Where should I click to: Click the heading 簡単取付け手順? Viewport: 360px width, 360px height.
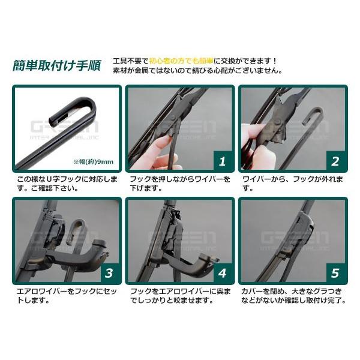[57, 65]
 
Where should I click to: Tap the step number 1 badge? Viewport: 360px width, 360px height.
[221, 161]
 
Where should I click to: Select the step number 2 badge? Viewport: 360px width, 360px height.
[335, 161]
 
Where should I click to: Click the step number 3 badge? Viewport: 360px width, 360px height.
[109, 273]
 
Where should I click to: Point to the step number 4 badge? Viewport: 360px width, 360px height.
[221, 273]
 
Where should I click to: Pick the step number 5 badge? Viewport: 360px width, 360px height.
[335, 273]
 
